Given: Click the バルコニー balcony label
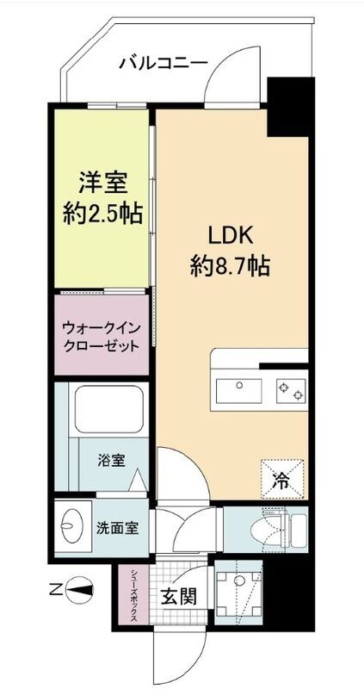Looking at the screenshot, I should (x=163, y=62).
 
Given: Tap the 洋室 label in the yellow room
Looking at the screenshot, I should (x=105, y=183).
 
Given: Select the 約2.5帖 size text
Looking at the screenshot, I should (x=105, y=213).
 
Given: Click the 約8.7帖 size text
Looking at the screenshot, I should (x=230, y=266).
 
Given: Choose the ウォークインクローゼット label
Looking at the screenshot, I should (x=100, y=337).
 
